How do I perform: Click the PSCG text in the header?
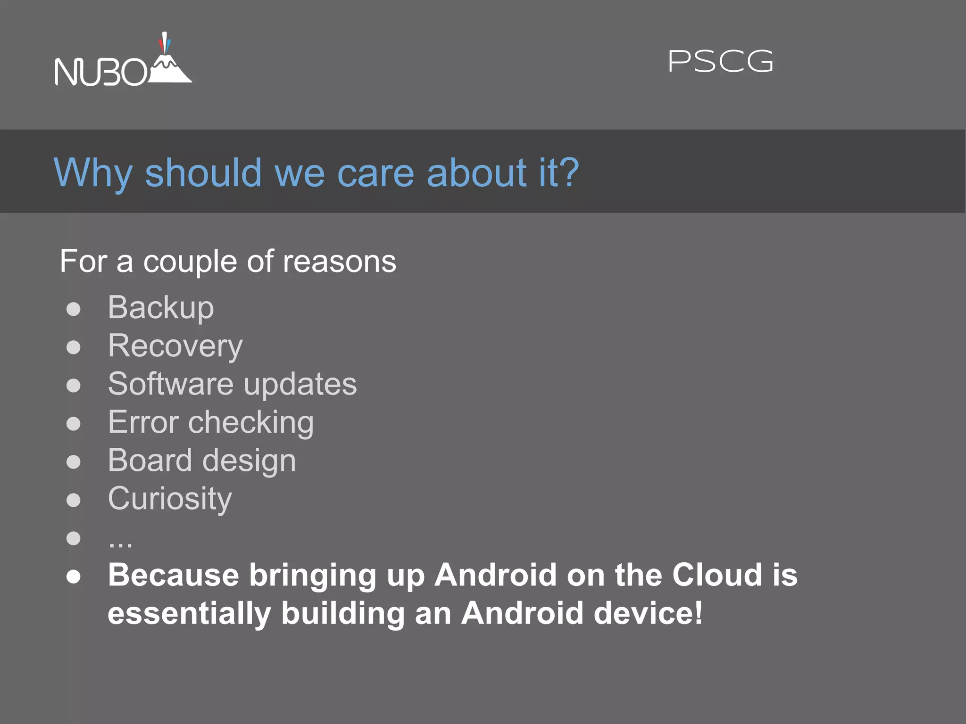(721, 62)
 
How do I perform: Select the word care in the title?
(375, 173)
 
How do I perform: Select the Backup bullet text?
(161, 308)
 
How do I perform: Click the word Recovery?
(175, 346)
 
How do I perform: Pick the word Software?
(170, 384)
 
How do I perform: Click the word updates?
(300, 385)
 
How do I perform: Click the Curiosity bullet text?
(170, 499)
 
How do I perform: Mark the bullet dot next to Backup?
(74, 309)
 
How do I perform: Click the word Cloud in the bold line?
(717, 575)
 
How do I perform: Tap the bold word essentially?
(189, 614)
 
